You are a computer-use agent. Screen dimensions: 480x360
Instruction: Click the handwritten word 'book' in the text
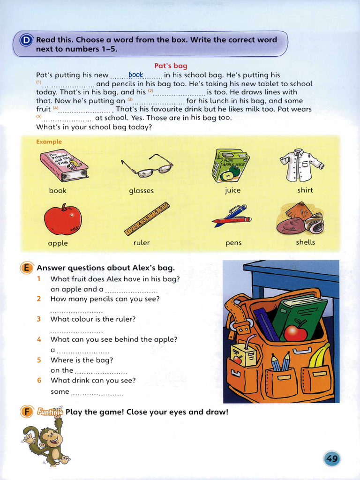coord(136,75)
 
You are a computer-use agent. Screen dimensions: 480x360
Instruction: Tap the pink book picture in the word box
coord(64,165)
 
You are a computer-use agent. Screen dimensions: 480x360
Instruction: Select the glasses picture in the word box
coord(147,165)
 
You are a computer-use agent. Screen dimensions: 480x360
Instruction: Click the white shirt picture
coord(301,165)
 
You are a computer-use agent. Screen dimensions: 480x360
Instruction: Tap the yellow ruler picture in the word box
coord(146,218)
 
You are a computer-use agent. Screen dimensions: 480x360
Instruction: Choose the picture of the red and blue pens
coord(232,216)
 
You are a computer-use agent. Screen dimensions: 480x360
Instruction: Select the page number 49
coord(332,458)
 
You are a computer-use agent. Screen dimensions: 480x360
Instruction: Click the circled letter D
coord(25,40)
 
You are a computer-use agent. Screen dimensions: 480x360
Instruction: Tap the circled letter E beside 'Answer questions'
coord(26,268)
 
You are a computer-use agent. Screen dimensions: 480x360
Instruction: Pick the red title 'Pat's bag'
coord(171,66)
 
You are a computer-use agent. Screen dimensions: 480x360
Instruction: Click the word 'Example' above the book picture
coord(49,142)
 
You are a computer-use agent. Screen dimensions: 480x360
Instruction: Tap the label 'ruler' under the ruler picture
coord(142,243)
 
